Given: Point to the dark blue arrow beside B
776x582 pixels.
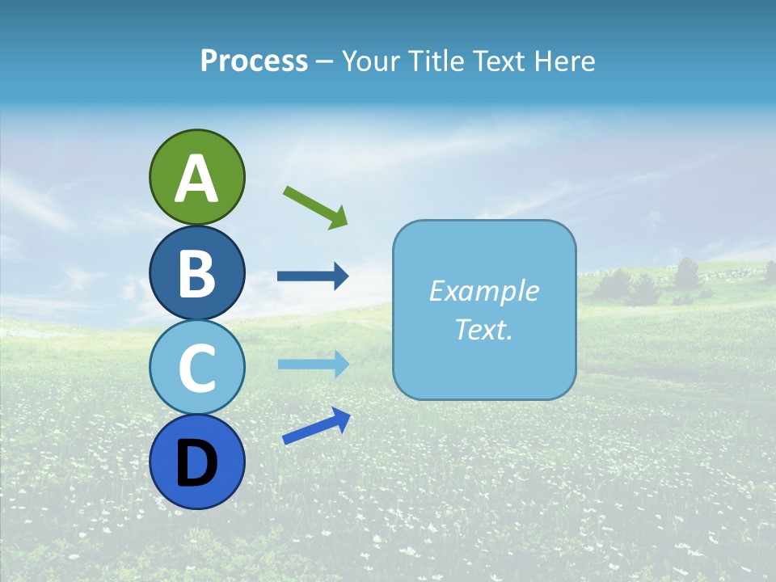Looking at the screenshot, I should (312, 276).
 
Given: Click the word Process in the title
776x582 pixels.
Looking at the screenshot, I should (254, 61).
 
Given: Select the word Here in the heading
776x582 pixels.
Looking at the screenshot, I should (563, 61).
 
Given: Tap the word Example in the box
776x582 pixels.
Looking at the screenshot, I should (483, 291).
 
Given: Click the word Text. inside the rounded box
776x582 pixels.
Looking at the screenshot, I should (483, 329).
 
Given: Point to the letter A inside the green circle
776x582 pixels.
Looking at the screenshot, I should (196, 179).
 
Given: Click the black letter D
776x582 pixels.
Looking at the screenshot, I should (196, 463).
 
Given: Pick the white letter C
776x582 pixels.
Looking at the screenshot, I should (196, 368).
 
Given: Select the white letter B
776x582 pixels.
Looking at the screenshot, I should (196, 273).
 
